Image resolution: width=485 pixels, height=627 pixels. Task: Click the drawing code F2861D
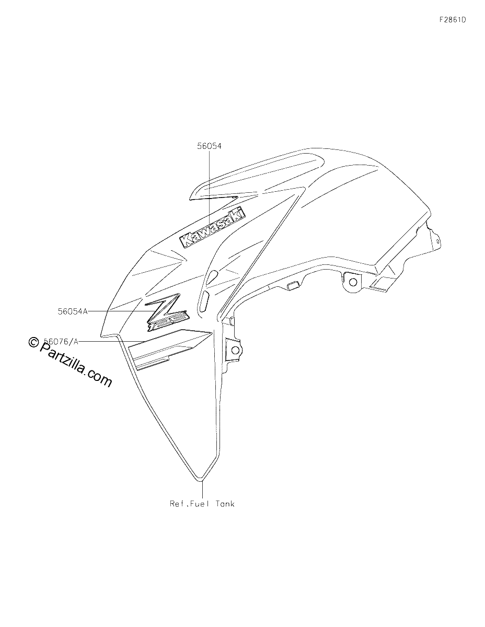pos(453,20)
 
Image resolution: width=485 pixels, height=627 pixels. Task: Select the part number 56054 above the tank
pos(209,146)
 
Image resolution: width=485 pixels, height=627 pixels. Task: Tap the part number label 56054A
pos(73,311)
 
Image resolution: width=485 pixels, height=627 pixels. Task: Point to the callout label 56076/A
pos(61,342)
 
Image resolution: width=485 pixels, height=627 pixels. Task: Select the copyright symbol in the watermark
pos(34,342)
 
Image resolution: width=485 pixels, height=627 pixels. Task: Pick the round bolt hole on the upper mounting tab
pos(353,281)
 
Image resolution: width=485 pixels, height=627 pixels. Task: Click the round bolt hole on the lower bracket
pos(235,350)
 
